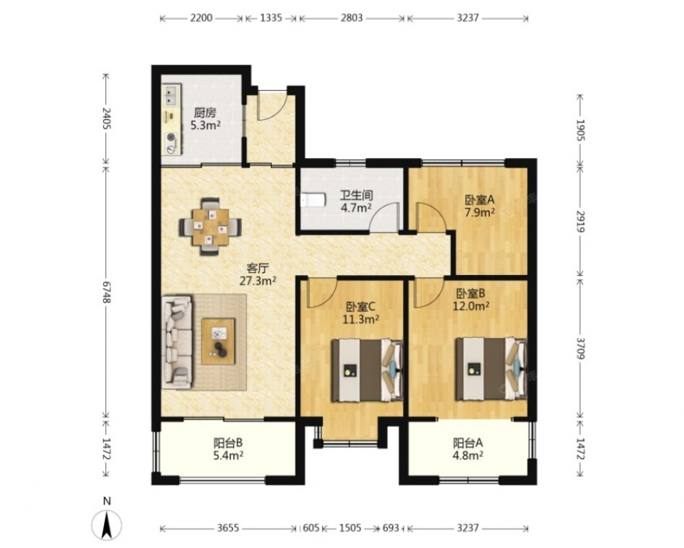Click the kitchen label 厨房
tap(205, 113)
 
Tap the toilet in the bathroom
tap(313, 200)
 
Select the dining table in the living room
tap(211, 227)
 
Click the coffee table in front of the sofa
tap(218, 341)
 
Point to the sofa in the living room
tap(176, 343)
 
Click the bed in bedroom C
tap(367, 370)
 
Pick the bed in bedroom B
tap(491, 369)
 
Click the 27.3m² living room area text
tap(257, 280)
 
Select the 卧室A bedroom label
tap(479, 200)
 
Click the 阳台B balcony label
tap(228, 443)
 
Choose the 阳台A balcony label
tap(468, 443)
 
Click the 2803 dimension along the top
tap(352, 18)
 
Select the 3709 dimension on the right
tap(580, 348)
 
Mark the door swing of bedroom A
tap(431, 216)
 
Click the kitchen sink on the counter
tap(172, 96)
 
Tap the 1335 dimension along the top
tap(271, 18)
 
